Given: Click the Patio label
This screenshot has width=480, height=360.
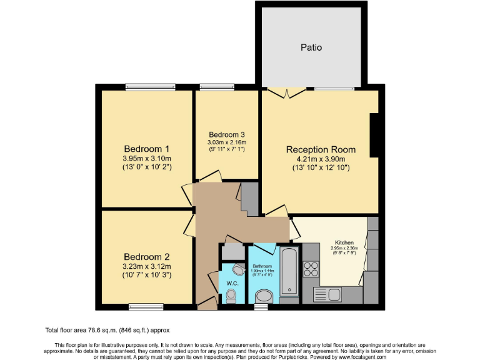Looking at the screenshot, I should [x=311, y=47].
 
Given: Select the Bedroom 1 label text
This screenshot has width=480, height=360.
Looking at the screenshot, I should [x=147, y=149].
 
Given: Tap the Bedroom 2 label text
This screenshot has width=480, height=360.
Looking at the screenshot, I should [x=147, y=257].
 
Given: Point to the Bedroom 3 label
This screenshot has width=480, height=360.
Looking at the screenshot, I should [x=226, y=134].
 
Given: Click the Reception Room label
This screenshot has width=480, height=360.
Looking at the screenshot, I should [x=321, y=149].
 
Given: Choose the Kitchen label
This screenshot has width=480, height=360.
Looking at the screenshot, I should [x=344, y=242].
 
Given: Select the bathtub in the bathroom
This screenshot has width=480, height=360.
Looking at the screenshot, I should [x=290, y=272].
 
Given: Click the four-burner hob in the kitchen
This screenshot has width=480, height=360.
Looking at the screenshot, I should [x=311, y=269].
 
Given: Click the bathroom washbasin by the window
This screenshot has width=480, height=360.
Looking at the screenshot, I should [x=264, y=296].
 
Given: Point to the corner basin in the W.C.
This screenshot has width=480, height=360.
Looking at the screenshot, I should [x=237, y=269].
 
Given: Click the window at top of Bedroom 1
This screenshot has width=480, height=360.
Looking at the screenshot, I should [x=143, y=87].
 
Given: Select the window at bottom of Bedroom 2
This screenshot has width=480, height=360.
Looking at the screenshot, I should [x=146, y=306].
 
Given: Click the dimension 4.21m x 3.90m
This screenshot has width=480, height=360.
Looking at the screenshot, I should [x=321, y=159].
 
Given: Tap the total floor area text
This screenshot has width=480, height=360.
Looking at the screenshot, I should [x=107, y=330].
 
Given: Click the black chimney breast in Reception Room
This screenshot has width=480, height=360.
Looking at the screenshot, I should [x=374, y=135].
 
